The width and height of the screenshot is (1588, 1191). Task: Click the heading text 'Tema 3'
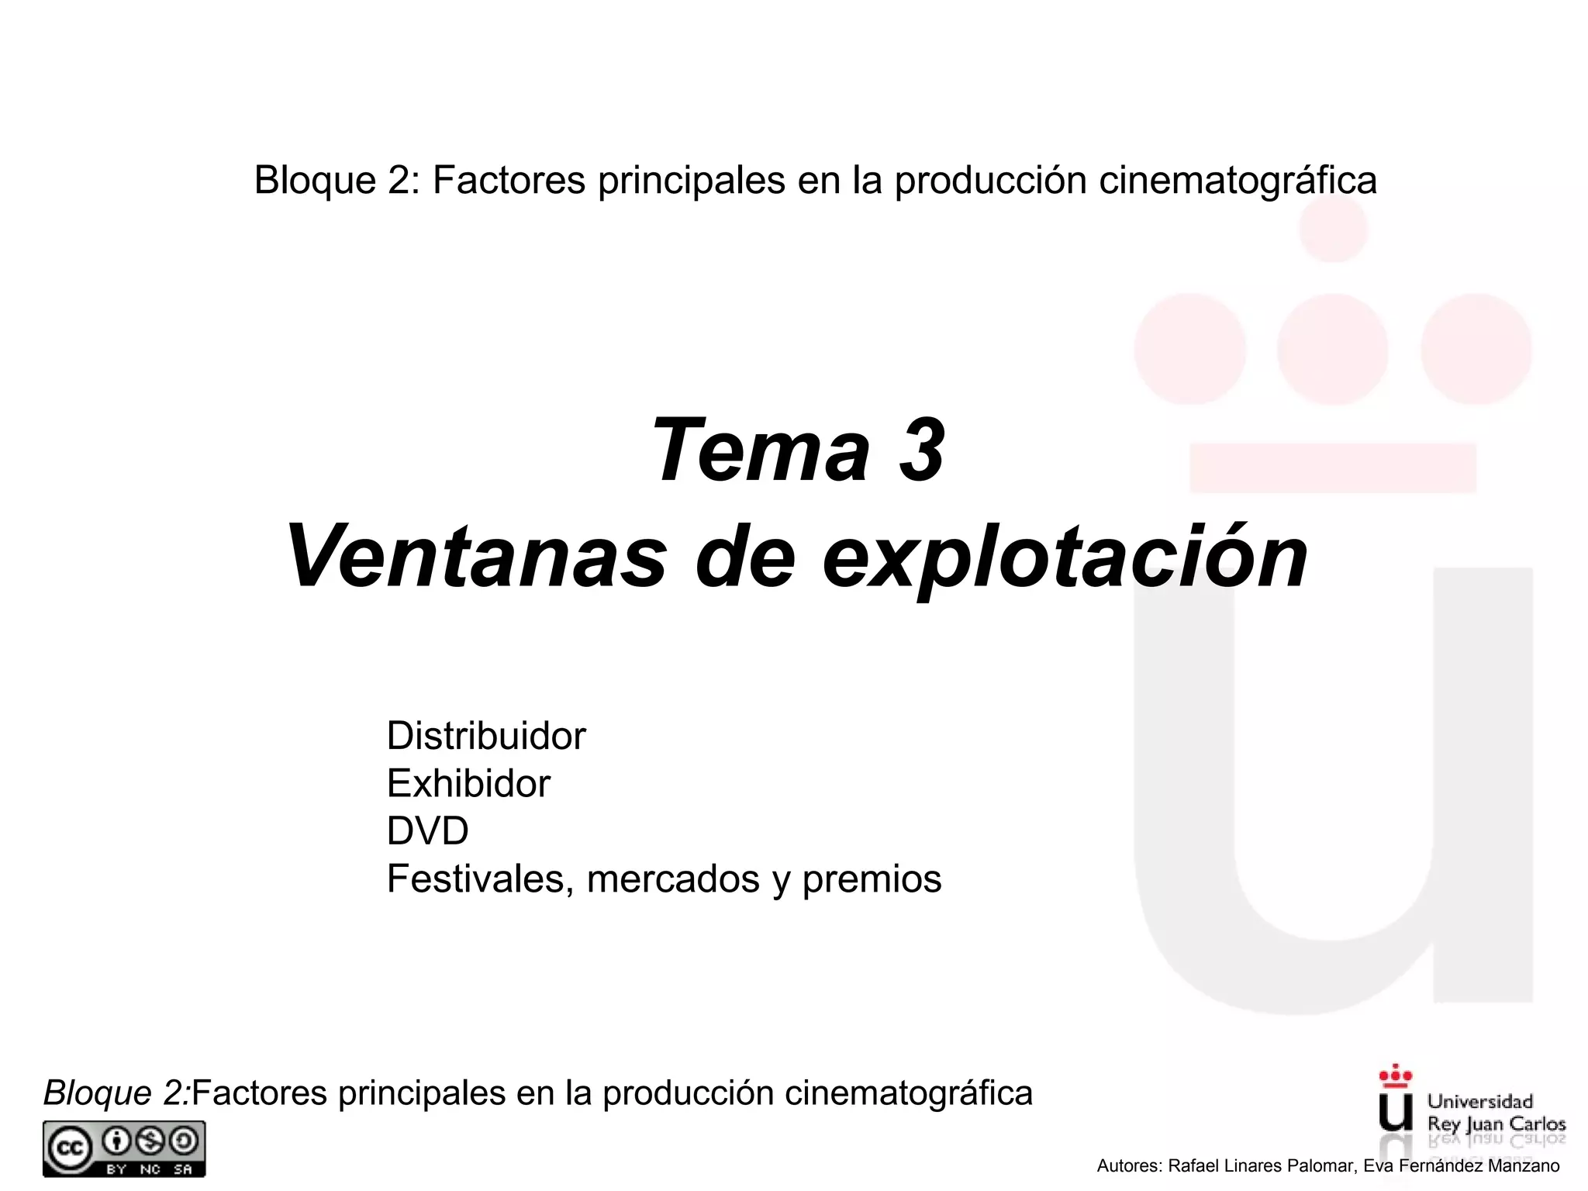798,451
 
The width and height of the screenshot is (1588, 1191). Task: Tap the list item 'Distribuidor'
486,736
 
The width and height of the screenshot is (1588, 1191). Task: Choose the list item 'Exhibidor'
468,784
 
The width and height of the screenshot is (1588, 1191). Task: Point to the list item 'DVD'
427,831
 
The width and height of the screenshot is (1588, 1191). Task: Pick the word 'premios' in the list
872,879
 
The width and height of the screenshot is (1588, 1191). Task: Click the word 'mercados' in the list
673,879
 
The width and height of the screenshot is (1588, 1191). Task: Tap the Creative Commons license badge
124,1148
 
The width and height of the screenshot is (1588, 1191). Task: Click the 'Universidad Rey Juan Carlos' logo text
1496,1113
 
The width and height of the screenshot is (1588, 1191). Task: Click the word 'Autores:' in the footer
1129,1165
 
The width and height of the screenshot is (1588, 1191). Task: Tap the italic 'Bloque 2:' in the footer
117,1093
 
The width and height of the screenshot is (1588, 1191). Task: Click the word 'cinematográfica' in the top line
1238,181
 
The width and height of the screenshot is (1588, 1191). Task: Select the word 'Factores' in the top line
509,181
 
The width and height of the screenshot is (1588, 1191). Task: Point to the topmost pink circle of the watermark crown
1333,229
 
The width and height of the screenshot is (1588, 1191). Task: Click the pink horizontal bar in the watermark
1332,468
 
